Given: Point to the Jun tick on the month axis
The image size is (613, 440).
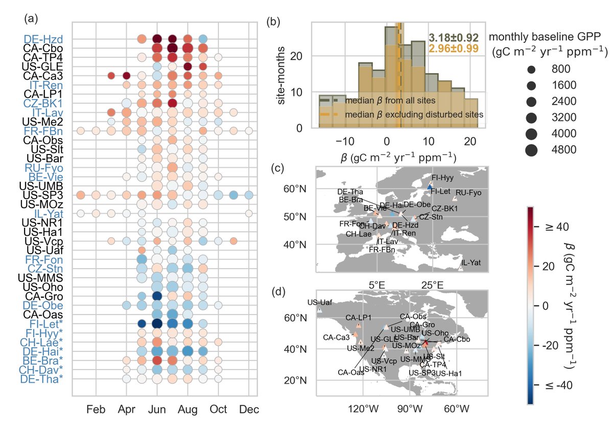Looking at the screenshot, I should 157,409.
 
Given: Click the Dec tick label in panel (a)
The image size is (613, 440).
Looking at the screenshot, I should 249,409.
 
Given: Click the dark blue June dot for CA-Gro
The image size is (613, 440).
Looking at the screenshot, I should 157,296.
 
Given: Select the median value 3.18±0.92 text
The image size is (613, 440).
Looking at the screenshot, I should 453,38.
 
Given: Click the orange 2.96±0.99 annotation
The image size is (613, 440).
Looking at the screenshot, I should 453,49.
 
